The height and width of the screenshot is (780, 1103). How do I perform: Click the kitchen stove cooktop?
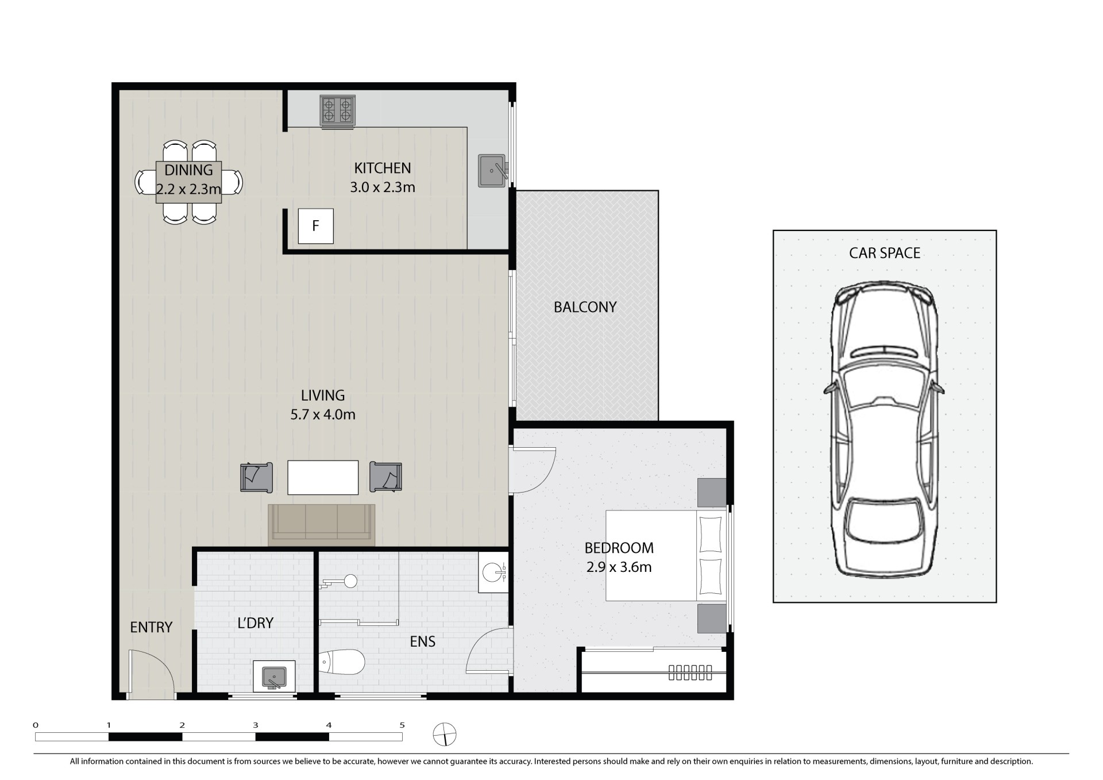click(337, 110)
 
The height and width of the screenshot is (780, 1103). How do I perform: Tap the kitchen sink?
click(492, 171)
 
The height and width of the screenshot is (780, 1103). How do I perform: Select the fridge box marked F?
click(315, 226)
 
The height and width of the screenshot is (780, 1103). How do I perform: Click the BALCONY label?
click(585, 307)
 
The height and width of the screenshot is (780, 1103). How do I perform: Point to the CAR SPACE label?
click(885, 253)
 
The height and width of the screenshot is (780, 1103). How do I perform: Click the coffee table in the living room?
click(323, 477)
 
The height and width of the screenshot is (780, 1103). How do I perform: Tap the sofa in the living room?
click(322, 525)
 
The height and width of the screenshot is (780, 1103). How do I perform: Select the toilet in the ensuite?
click(341, 663)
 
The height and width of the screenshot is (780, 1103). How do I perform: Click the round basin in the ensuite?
click(493, 572)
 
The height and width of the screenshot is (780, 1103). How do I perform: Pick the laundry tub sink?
click(274, 677)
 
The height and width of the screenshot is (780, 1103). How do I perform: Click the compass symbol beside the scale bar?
click(445, 735)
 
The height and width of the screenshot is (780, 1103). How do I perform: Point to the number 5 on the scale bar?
click(402, 725)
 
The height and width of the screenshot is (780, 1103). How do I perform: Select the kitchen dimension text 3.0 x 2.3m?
click(383, 187)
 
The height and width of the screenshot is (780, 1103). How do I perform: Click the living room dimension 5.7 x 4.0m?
click(323, 414)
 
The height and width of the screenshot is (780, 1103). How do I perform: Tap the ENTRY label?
click(151, 627)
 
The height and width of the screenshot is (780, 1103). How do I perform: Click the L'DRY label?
click(255, 623)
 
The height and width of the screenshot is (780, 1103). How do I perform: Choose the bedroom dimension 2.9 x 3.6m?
click(619, 567)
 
